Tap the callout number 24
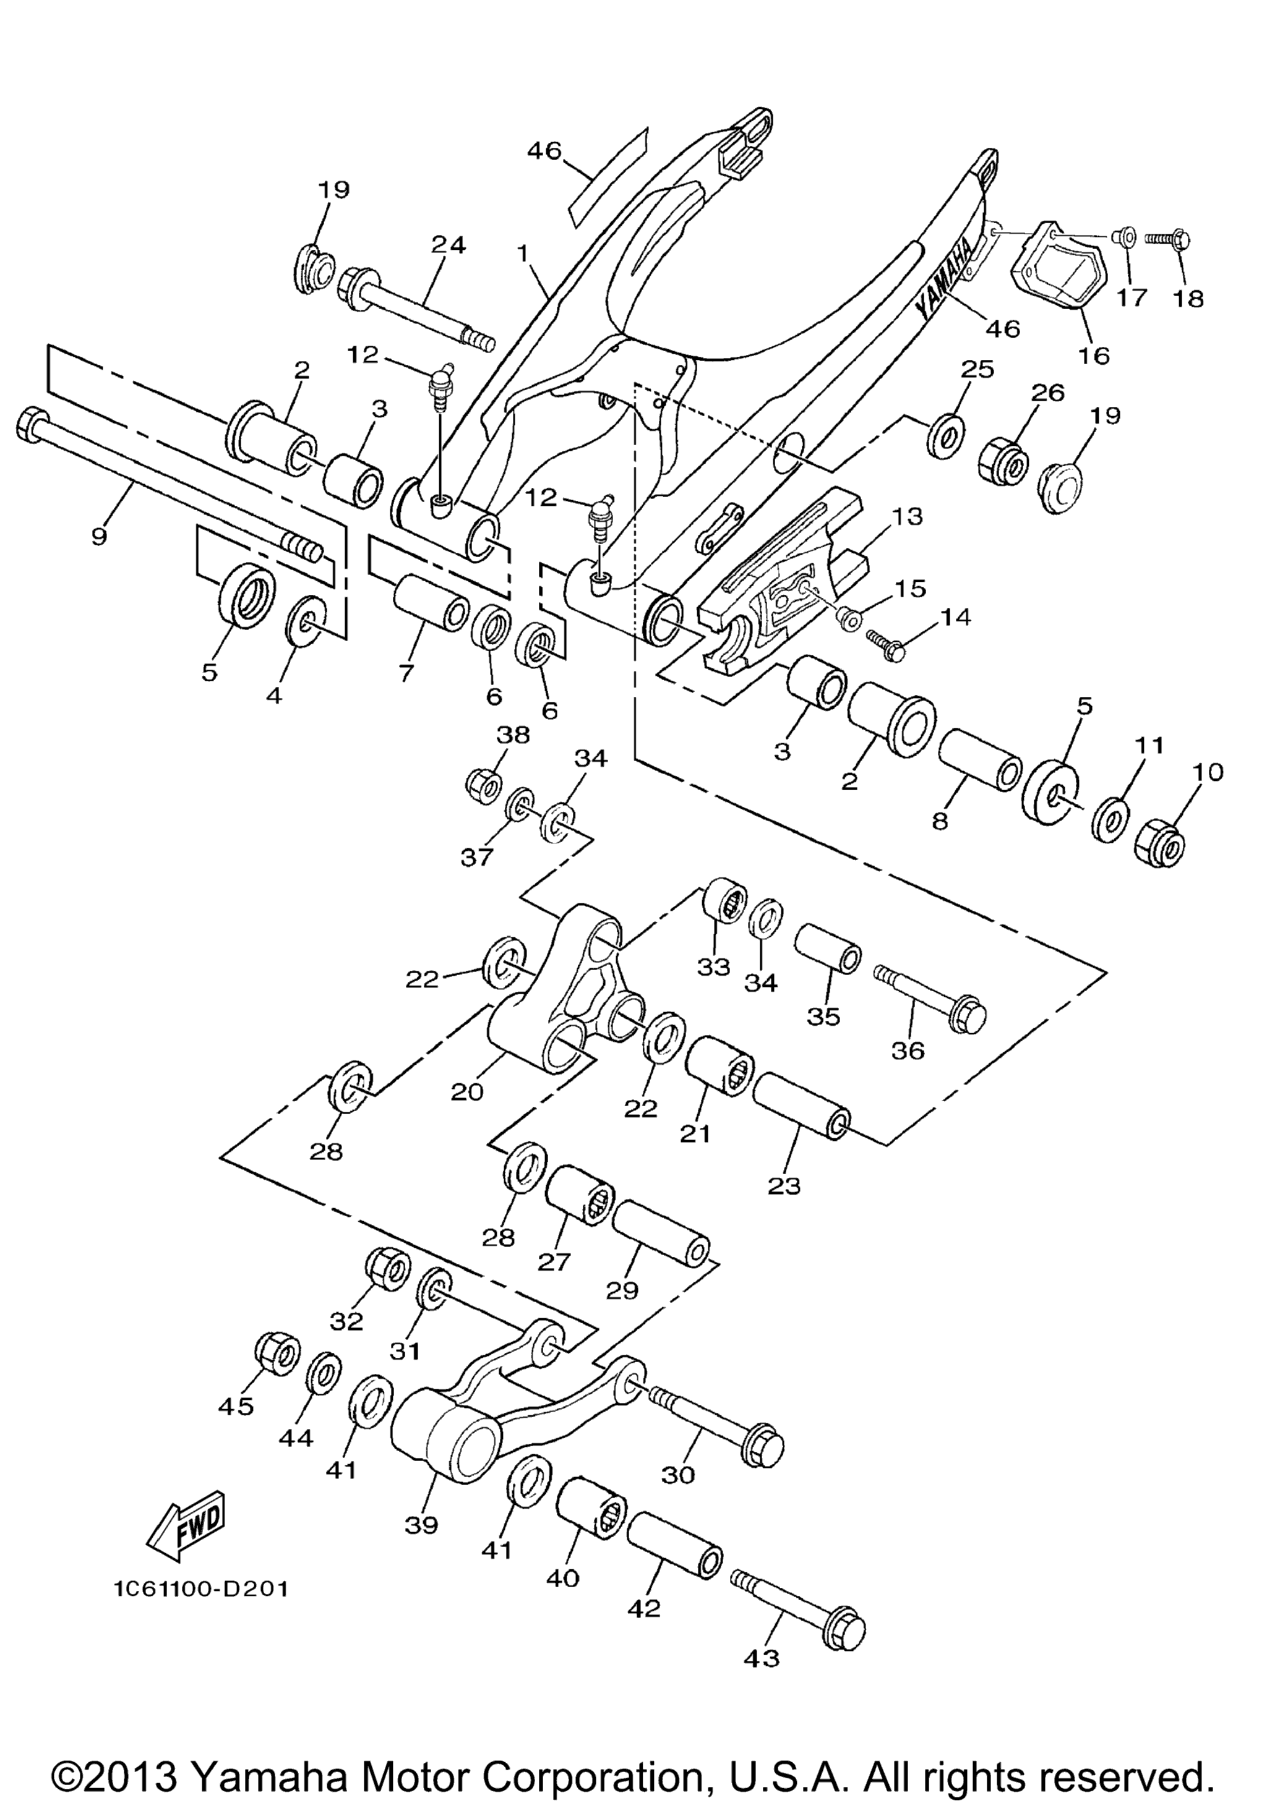(x=448, y=245)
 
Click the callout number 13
(x=906, y=517)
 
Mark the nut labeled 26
(x=1002, y=462)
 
